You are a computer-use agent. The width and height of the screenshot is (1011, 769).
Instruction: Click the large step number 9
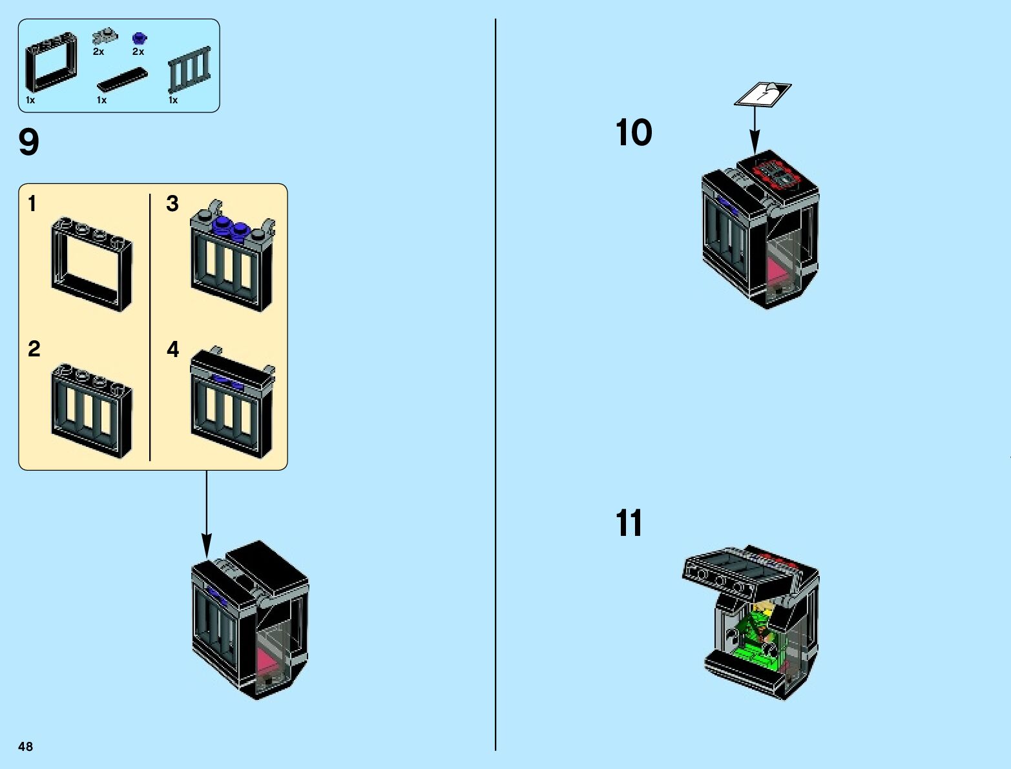(29, 142)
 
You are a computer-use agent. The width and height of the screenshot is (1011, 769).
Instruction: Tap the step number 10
(634, 133)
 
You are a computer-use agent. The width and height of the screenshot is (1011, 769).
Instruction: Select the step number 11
(629, 523)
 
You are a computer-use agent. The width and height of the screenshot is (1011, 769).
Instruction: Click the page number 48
(25, 746)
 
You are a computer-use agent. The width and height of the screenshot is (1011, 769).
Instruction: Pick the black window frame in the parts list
(50, 63)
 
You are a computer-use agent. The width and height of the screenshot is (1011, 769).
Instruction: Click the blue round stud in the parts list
(138, 38)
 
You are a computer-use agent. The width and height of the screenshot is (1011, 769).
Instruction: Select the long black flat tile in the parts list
(121, 80)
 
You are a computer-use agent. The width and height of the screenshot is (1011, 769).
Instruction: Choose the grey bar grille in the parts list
(190, 69)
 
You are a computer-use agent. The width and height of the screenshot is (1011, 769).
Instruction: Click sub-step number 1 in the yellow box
(32, 204)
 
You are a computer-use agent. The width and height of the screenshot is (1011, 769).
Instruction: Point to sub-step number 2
(34, 349)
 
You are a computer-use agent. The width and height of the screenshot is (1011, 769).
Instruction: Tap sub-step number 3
(172, 204)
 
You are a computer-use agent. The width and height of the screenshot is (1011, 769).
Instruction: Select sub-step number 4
(172, 349)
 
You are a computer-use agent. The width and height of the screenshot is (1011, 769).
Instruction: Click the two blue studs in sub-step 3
(231, 227)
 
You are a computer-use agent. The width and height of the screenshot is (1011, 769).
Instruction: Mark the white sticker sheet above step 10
(762, 94)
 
